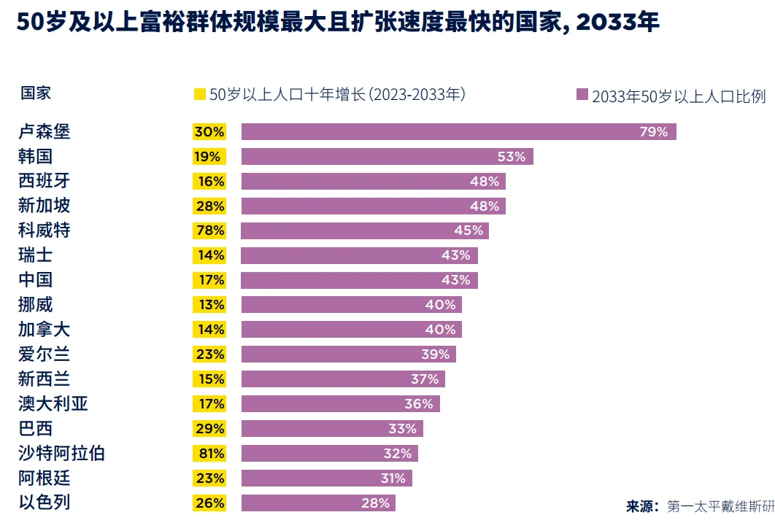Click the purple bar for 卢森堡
coord(458,132)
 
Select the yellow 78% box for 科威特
coord(209,230)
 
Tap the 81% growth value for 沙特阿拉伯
coord(209,454)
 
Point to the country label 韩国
coord(36,157)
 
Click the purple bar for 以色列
coord(318,503)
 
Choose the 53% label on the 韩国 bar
coord(512,157)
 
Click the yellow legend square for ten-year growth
coord(199,94)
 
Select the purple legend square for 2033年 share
coord(582,95)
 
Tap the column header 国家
coord(36,93)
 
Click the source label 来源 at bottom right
coord(642,506)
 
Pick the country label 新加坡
coord(45,206)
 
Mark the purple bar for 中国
coord(359,280)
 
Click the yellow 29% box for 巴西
coord(209,429)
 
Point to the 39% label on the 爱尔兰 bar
coord(436,354)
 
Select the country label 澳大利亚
coord(53,404)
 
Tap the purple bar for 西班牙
coord(373,182)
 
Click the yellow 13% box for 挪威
coord(209,305)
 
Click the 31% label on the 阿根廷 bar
coord(393,478)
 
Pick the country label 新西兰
coord(45,379)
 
